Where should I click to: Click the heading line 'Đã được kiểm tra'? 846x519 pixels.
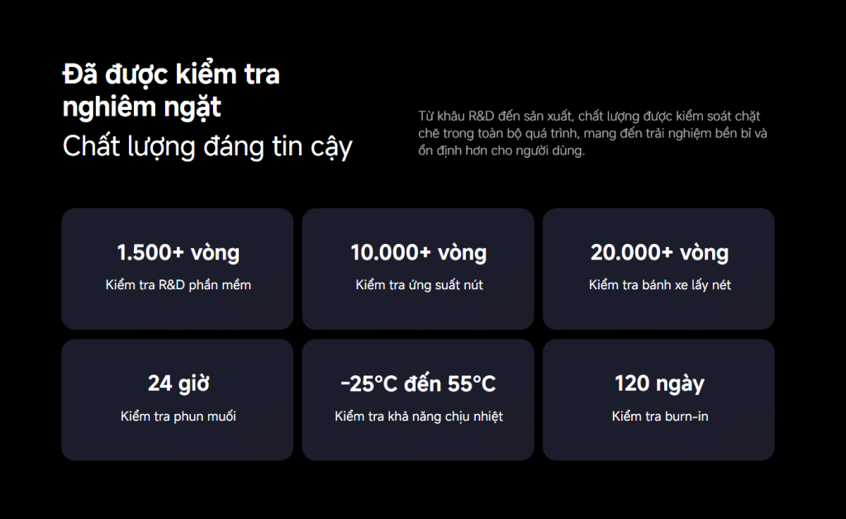pos(171,74)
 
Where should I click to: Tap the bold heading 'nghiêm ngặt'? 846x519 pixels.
pos(141,107)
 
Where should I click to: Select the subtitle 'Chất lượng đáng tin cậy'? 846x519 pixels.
pos(207,146)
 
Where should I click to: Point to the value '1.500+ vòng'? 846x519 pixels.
pos(178,252)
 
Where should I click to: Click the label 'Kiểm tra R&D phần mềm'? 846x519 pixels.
pos(178,285)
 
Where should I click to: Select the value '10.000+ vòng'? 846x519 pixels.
pos(418,252)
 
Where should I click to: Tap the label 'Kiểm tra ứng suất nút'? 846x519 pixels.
pos(419,285)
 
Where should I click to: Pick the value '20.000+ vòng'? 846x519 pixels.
pos(659,252)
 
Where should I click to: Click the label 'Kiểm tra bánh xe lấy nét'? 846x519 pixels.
pos(659,285)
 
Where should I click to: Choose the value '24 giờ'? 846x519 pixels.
pos(178,383)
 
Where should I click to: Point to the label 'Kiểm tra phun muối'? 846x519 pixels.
pos(178,417)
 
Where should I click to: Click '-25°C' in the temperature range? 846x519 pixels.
pos(369,383)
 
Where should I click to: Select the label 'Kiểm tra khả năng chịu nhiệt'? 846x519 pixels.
pos(419,417)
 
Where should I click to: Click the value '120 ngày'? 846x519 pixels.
pos(659,383)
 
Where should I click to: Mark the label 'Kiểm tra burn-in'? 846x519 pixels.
pos(659,417)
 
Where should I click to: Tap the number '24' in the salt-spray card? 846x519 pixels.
pos(159,383)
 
